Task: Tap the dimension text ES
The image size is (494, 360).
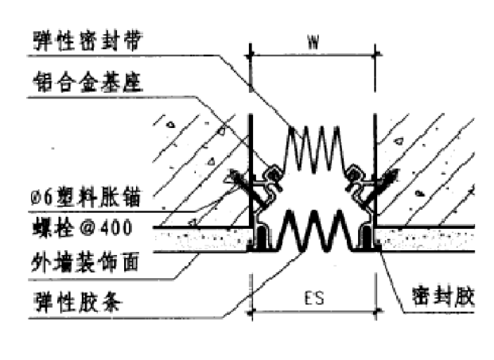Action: pos(312,300)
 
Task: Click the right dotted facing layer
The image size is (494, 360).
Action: pos(430,238)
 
